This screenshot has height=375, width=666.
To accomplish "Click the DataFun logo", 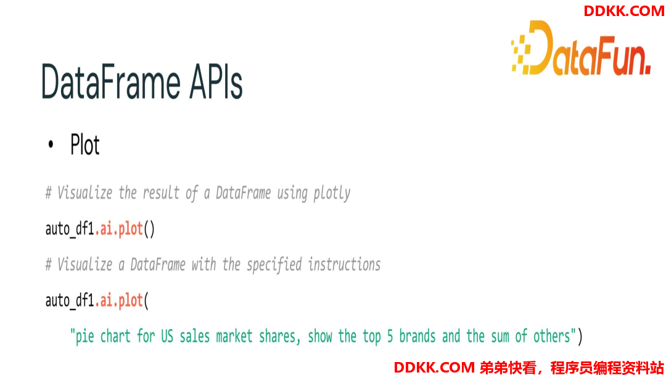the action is [x=581, y=48].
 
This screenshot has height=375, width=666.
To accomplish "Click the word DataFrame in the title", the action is [x=111, y=81].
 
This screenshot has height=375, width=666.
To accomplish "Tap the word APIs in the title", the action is [x=216, y=81].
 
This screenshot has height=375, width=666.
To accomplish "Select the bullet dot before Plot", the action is [x=51, y=144].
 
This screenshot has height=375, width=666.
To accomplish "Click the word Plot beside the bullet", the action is [x=85, y=144].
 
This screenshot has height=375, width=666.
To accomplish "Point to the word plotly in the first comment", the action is [x=332, y=193].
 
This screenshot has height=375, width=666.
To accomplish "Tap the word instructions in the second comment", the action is [x=344, y=265].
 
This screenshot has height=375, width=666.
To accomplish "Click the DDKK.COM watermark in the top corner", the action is [x=623, y=11].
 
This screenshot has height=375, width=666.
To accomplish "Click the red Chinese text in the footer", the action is [x=572, y=368].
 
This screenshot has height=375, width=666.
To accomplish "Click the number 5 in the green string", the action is [x=390, y=336].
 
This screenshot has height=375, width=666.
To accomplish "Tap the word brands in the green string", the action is [x=417, y=336].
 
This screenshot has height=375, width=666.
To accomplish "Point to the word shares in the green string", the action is [x=277, y=336].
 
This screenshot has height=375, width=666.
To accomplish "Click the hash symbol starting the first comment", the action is [x=49, y=193].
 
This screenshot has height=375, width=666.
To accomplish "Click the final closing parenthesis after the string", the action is [x=580, y=336].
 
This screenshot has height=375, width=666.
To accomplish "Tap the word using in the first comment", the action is [x=292, y=194].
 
